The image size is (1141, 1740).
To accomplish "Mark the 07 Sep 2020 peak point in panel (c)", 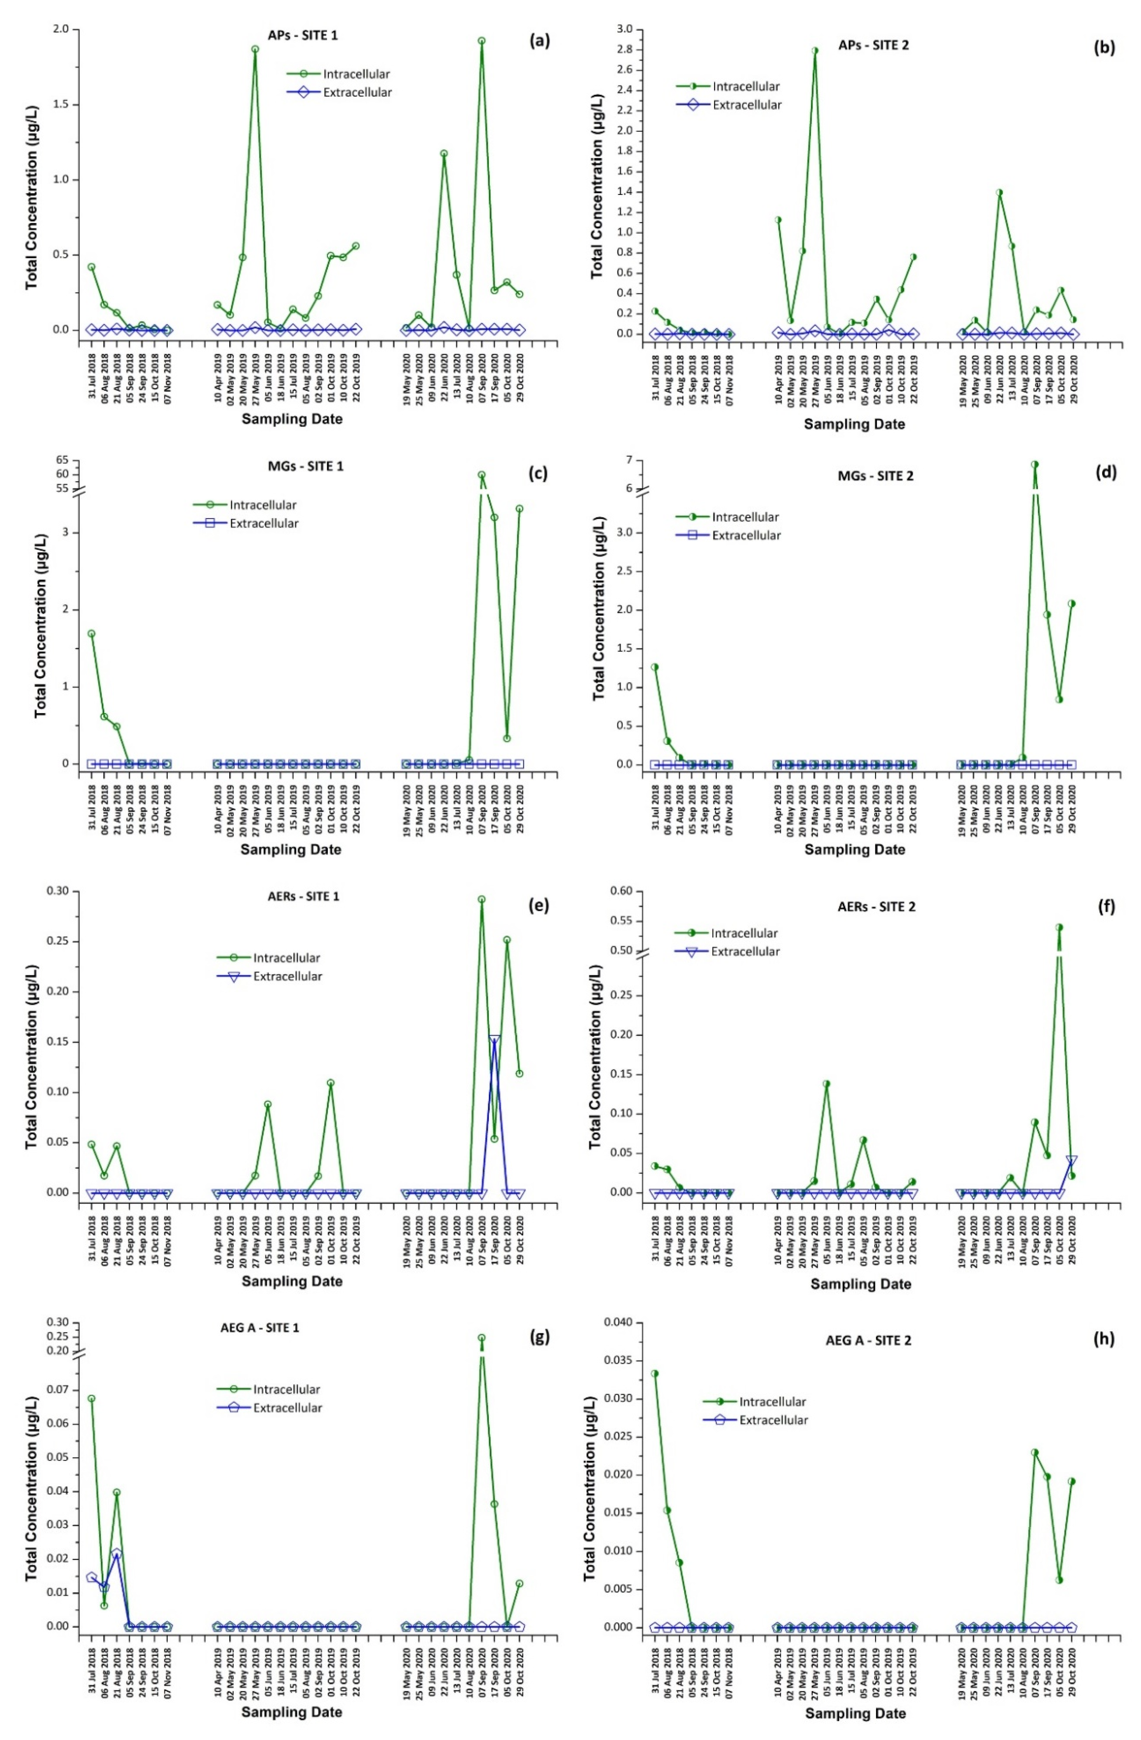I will (481, 474).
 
